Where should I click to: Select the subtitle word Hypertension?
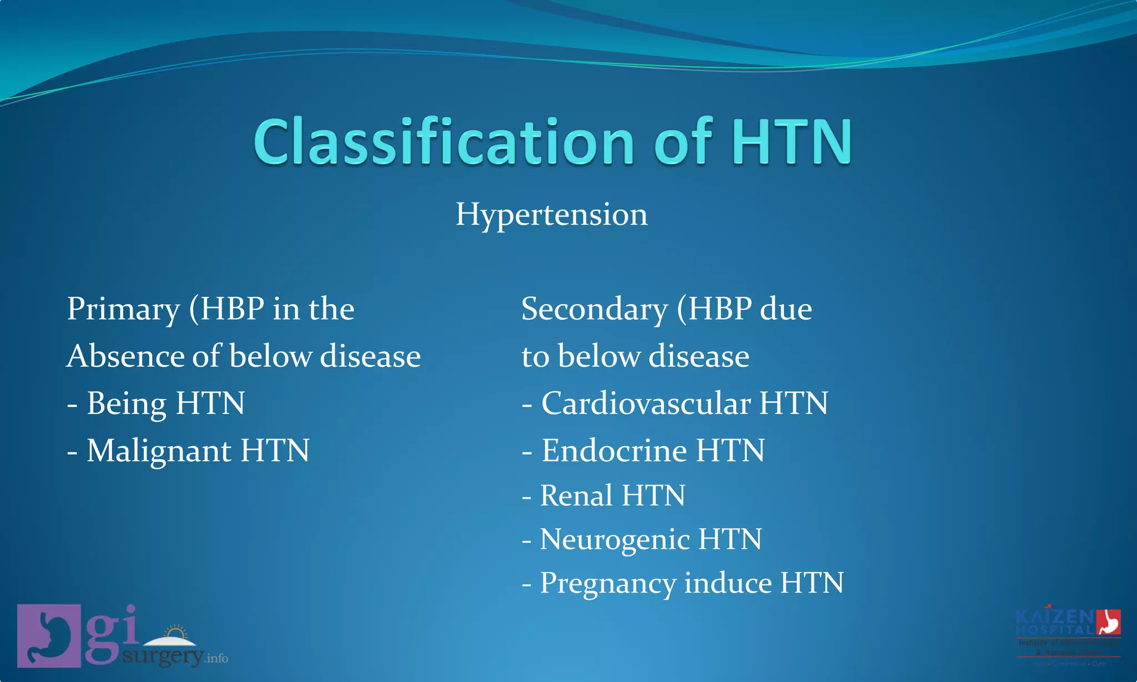(x=551, y=215)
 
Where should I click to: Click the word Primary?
(x=123, y=309)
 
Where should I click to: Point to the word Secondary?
(x=594, y=309)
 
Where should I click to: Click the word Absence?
(x=125, y=356)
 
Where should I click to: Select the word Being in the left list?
(x=126, y=403)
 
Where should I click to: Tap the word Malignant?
(x=158, y=451)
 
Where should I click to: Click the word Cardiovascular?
(x=646, y=403)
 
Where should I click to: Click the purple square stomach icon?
(x=49, y=635)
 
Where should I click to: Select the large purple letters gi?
(x=111, y=633)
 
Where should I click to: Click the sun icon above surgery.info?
(x=176, y=633)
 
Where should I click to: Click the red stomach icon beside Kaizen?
(x=1108, y=622)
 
